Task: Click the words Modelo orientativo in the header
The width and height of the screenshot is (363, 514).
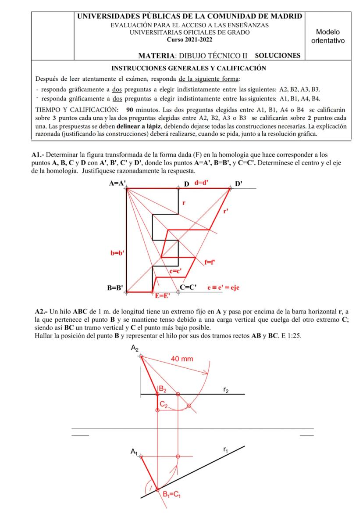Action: pos(327,36)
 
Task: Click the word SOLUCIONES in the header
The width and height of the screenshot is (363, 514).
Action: pos(278,55)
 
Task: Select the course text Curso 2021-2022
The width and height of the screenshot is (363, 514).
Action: pos(190,39)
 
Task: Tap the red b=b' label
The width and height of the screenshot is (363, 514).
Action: pos(117,253)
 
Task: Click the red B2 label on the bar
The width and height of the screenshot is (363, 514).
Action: pos(162,388)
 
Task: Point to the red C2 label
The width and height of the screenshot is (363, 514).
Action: pos(163,406)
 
